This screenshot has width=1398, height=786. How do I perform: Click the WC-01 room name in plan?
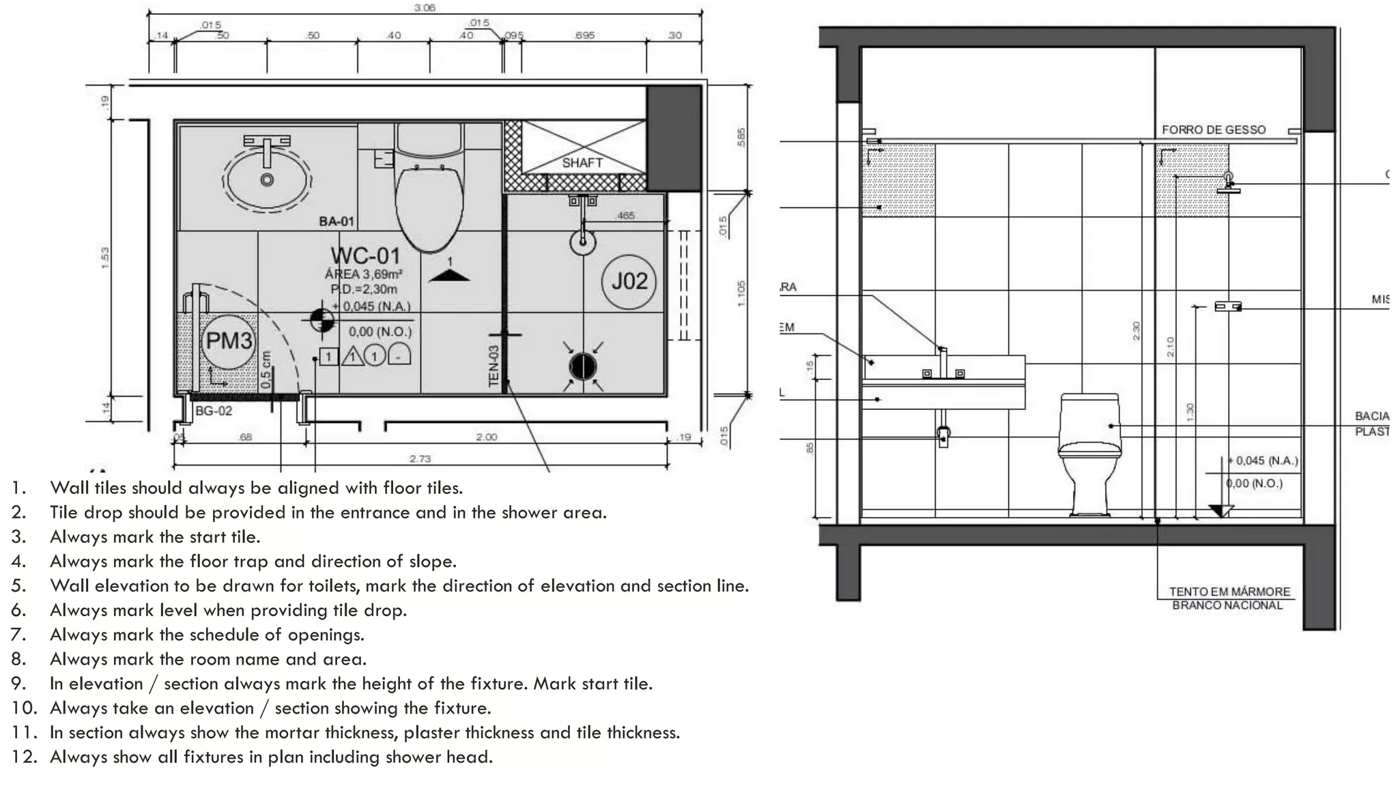click(x=366, y=256)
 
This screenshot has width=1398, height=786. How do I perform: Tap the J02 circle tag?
click(x=629, y=281)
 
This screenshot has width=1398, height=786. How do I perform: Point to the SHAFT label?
click(x=582, y=162)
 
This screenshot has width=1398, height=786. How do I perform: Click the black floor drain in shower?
click(x=582, y=367)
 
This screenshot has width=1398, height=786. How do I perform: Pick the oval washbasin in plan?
click(x=268, y=179)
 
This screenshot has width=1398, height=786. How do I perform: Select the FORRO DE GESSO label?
click(x=1214, y=130)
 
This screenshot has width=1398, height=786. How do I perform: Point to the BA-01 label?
click(x=337, y=221)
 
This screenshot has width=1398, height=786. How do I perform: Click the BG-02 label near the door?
click(x=214, y=411)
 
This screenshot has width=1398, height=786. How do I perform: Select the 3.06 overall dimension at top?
click(x=425, y=8)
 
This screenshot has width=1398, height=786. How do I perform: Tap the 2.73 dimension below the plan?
click(x=420, y=458)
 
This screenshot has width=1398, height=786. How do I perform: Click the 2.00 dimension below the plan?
click(x=486, y=437)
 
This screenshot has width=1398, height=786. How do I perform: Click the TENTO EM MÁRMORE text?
click(x=1229, y=592)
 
